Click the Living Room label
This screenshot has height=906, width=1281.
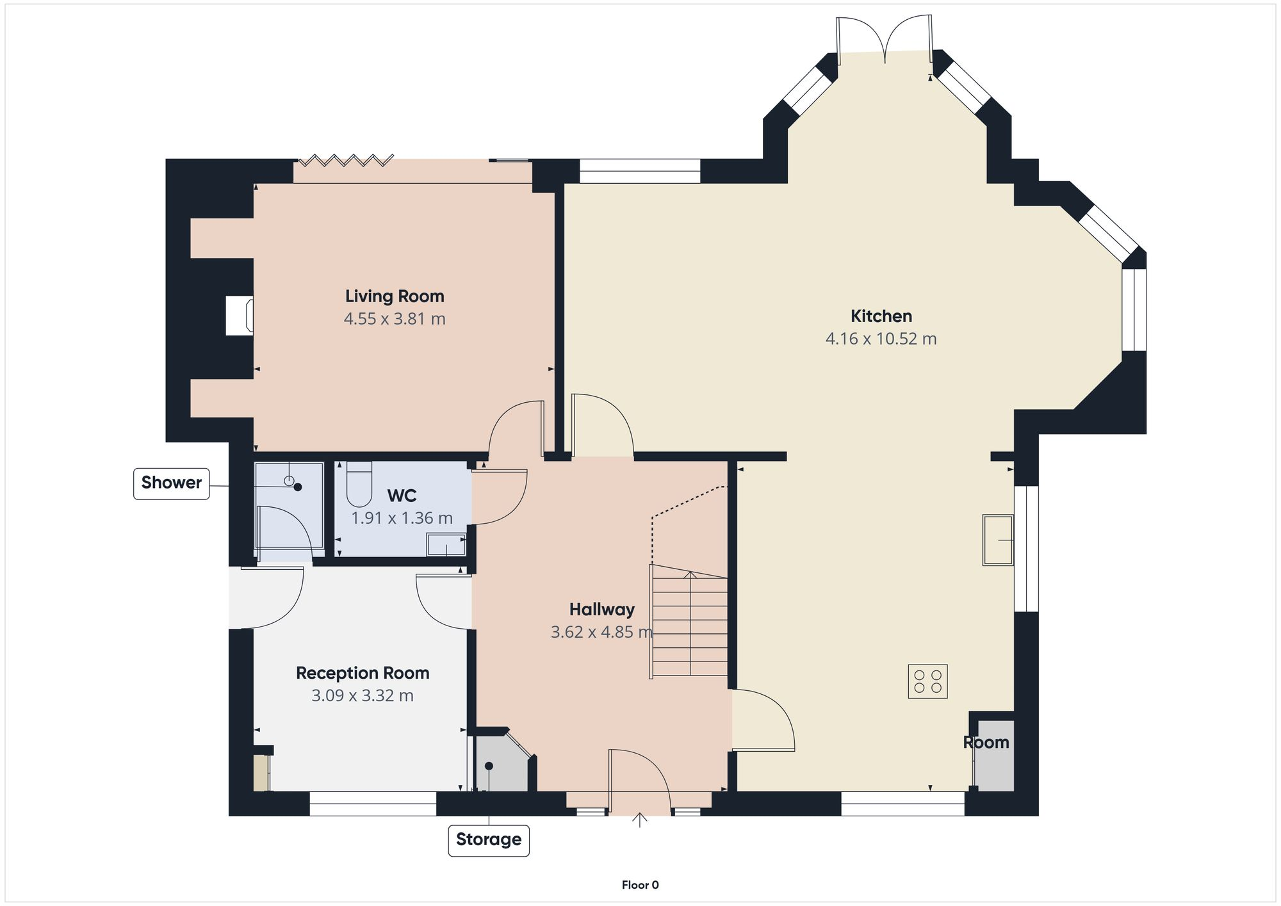tap(395, 296)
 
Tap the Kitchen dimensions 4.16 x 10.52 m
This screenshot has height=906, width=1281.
tap(881, 339)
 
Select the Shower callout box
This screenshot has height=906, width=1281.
tap(171, 483)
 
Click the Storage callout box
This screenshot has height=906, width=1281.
tap(488, 839)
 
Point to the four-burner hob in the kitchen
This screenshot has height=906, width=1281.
tap(927, 681)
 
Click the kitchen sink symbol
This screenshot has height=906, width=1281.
tap(998, 540)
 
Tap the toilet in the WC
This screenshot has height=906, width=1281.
tap(359, 484)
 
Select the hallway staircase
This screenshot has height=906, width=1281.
tap(689, 624)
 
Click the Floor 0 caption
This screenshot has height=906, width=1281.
tap(640, 885)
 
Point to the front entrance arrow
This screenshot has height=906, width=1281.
tap(639, 820)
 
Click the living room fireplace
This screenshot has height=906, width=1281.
tap(240, 315)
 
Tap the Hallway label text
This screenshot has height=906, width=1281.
tap(601, 610)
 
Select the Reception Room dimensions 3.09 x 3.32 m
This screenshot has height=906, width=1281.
tap(362, 695)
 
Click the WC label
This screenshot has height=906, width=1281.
tap(402, 496)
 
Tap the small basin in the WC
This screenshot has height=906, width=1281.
tap(446, 546)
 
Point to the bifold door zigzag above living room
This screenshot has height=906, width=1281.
tap(347, 159)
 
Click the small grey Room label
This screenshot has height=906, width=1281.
tap(986, 743)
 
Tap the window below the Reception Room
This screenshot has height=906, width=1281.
tap(373, 804)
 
